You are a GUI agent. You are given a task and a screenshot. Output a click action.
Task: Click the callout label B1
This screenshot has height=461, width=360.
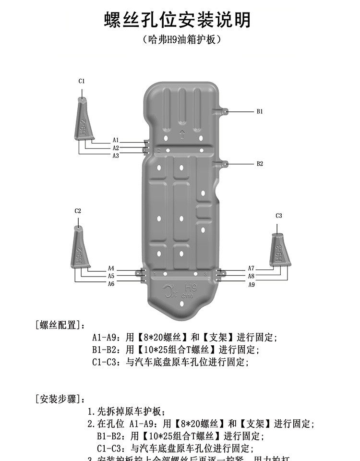click(x=260, y=111)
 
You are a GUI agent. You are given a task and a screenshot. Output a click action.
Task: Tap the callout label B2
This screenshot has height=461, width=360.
click(x=260, y=164)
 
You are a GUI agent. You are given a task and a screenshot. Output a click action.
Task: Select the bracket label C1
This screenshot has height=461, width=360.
click(x=82, y=81)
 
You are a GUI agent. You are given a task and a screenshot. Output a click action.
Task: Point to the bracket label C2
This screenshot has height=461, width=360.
click(x=78, y=211)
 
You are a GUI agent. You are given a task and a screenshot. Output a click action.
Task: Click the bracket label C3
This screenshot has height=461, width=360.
click(x=279, y=216)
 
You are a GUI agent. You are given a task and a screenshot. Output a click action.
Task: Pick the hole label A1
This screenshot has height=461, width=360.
click(x=116, y=140)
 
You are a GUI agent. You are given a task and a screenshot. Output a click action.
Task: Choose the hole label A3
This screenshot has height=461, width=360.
click(x=116, y=156)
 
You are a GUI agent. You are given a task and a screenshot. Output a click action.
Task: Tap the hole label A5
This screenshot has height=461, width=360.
click(x=111, y=276)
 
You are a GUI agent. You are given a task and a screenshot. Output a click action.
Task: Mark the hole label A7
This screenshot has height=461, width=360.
click(x=251, y=268)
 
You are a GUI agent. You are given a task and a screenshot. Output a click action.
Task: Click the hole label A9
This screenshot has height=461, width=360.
click(x=251, y=285)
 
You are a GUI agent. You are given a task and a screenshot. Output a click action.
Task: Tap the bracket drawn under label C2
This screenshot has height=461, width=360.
click(x=78, y=247)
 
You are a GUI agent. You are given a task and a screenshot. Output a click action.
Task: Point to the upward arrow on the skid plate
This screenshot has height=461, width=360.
click(x=181, y=135)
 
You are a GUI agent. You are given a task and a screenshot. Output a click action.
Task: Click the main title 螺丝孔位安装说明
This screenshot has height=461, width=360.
click(x=178, y=20)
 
